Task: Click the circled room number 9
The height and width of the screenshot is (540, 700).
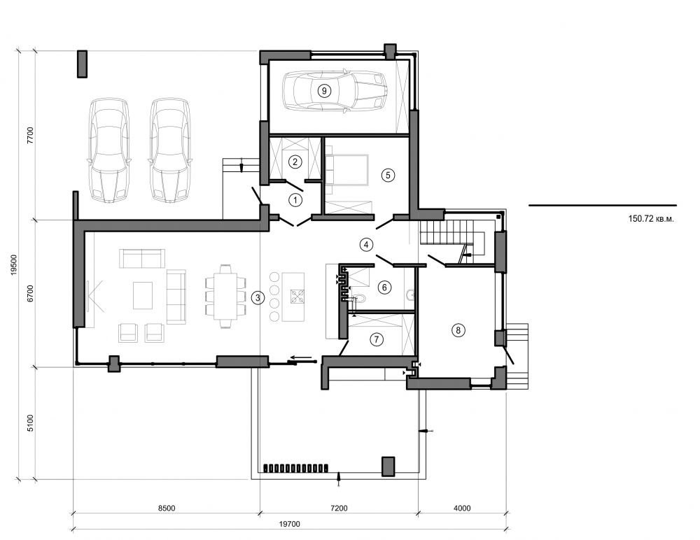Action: [x=323, y=90]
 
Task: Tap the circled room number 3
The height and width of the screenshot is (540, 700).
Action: [x=258, y=298]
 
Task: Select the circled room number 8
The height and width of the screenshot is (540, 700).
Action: [x=458, y=329]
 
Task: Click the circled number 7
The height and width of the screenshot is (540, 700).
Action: [x=377, y=340]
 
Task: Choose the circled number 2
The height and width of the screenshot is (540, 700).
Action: [x=295, y=162]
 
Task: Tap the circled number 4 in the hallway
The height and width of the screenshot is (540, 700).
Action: [x=365, y=245]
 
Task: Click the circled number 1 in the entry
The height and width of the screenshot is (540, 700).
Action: [x=295, y=200]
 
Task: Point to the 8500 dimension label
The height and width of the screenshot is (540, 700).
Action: [x=166, y=508]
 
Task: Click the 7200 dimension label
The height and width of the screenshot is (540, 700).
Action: [x=339, y=508]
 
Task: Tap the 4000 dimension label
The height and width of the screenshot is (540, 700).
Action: [x=462, y=508]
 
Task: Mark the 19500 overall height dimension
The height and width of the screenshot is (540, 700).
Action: [x=15, y=265]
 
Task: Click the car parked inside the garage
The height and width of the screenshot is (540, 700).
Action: [x=335, y=90]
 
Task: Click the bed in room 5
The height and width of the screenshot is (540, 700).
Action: [x=348, y=170]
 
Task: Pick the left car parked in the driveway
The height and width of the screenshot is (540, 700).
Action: [x=108, y=150]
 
